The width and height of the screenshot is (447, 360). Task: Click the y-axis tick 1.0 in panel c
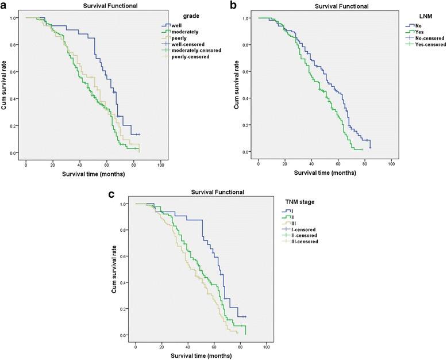point(123,204)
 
